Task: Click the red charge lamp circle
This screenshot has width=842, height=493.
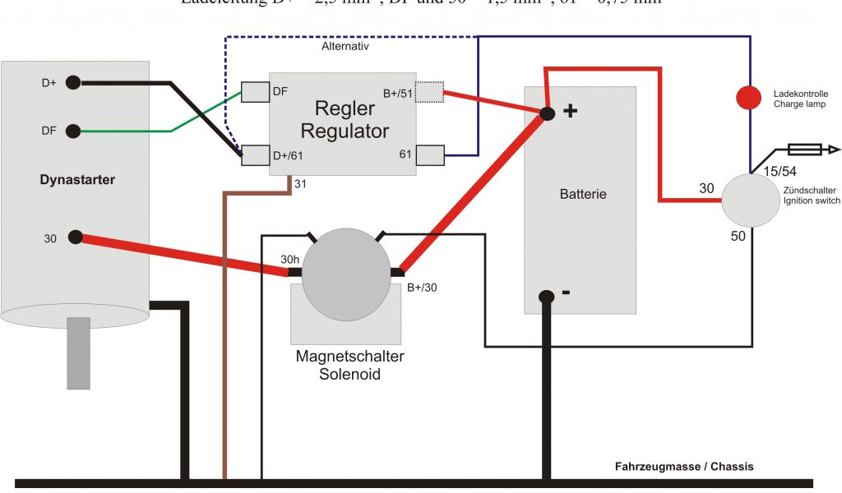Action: pyautogui.click(x=748, y=98)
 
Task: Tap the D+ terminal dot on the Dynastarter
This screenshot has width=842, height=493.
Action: pyautogui.click(x=73, y=82)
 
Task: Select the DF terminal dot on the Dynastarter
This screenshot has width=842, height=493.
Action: pyautogui.click(x=73, y=131)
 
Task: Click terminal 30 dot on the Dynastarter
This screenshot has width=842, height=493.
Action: pyautogui.click(x=76, y=237)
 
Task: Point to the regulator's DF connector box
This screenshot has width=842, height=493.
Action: pyautogui.click(x=256, y=91)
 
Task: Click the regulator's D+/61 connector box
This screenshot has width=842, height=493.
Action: pyautogui.click(x=256, y=155)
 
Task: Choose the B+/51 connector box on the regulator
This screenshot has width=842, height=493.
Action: pyautogui.click(x=429, y=91)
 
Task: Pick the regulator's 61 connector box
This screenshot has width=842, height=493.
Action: pyautogui.click(x=430, y=154)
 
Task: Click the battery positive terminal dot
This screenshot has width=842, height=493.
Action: pyautogui.click(x=547, y=112)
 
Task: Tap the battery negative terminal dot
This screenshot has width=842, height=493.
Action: pyautogui.click(x=545, y=297)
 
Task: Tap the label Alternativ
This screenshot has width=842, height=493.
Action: pyautogui.click(x=345, y=47)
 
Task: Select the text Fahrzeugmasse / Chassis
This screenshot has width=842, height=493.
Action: pyautogui.click(x=684, y=467)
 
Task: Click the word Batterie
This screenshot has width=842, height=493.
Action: pyautogui.click(x=583, y=195)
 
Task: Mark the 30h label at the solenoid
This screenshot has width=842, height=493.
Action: pyautogui.click(x=289, y=260)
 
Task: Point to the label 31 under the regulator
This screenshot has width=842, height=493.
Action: pyautogui.click(x=301, y=184)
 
